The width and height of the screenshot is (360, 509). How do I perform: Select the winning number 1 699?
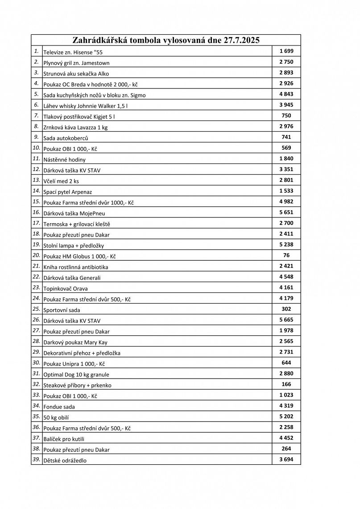(286, 51)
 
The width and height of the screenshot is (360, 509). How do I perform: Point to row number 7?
(36, 116)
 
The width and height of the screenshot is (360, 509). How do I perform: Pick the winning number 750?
(286, 116)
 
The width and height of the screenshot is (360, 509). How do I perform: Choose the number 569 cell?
(286, 148)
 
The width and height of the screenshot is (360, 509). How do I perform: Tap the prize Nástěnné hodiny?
(64, 159)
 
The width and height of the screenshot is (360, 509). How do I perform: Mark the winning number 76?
(286, 255)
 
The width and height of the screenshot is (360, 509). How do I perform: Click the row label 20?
(36, 255)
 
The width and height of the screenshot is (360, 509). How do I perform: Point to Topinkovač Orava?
(66, 288)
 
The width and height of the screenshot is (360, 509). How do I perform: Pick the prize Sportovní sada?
(62, 310)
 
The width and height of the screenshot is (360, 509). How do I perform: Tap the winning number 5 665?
(286, 320)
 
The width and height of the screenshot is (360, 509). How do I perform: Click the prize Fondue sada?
(59, 407)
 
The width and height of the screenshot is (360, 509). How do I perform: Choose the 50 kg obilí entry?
(56, 417)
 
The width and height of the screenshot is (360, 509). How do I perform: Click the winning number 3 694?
(286, 459)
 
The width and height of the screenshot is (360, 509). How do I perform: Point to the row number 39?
(36, 459)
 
